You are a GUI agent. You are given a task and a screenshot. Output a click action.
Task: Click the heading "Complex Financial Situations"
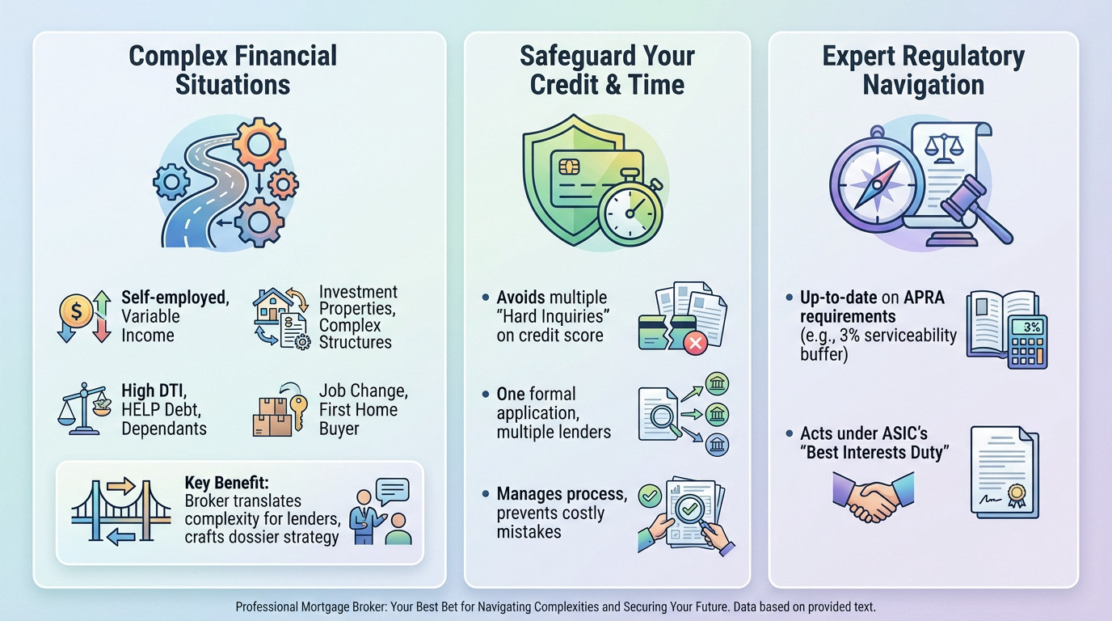(x=233, y=70)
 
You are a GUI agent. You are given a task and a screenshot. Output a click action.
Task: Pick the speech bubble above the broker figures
(x=393, y=492)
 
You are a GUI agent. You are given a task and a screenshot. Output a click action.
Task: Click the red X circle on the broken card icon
(x=693, y=344)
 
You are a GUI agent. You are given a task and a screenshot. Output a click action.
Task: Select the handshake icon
(x=873, y=497)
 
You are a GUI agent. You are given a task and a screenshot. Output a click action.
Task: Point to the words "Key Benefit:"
(x=225, y=482)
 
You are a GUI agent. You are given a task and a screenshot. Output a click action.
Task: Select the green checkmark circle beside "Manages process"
(x=649, y=494)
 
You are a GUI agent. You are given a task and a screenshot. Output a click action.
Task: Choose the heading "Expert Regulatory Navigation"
(x=923, y=70)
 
